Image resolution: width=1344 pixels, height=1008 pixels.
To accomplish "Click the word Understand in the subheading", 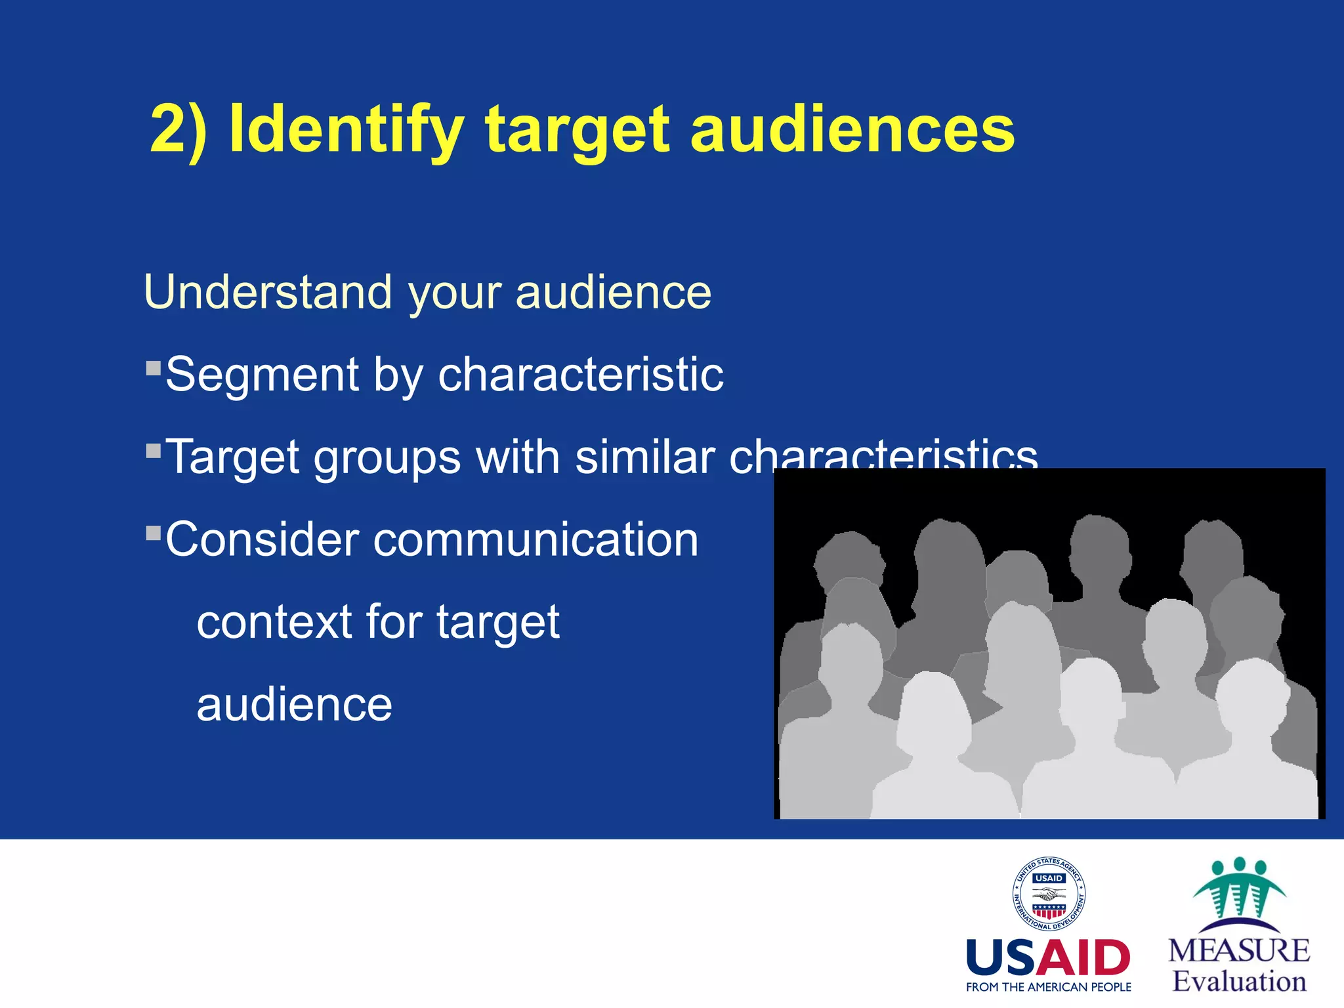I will pyautogui.click(x=268, y=292).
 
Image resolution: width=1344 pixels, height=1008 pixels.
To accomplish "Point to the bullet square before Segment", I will pyautogui.click(x=154, y=367).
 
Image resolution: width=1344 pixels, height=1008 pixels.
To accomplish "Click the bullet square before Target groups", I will pyautogui.click(x=154, y=451).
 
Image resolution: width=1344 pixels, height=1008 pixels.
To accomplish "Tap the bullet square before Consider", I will pyautogui.click(x=154, y=532).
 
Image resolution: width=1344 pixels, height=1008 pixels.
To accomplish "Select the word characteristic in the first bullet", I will pyautogui.click(x=580, y=375).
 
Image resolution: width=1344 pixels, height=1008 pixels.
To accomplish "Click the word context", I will pyautogui.click(x=274, y=621).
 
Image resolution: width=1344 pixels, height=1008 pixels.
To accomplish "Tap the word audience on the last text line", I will pyautogui.click(x=294, y=704).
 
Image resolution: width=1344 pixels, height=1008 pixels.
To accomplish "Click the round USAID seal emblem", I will pyautogui.click(x=1049, y=894).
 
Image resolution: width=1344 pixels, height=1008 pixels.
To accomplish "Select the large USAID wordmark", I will pyautogui.click(x=1048, y=958).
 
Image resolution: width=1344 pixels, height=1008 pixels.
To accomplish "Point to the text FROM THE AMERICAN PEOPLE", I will pyautogui.click(x=1048, y=987).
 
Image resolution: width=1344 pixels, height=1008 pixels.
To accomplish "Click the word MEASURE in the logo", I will pyautogui.click(x=1239, y=951).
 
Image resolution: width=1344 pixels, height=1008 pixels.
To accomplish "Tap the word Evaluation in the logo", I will pyautogui.click(x=1239, y=981).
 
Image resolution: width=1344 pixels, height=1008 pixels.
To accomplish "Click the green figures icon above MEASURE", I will pyautogui.click(x=1239, y=890).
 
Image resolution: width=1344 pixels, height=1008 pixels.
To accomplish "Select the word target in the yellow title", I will pyautogui.click(x=577, y=130).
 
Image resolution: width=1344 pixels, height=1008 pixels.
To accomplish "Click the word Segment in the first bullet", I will pyautogui.click(x=261, y=375).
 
